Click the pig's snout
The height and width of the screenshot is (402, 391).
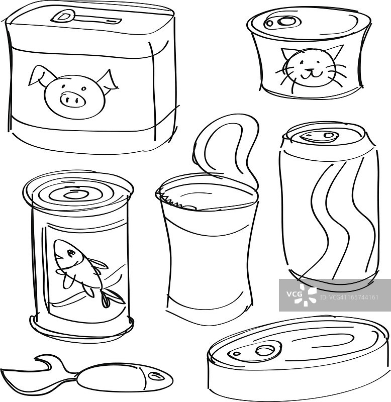72,99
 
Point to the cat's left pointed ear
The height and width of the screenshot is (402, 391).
286,55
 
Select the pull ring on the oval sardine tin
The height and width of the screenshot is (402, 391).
264,350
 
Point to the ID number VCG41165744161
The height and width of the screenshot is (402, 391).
349,297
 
